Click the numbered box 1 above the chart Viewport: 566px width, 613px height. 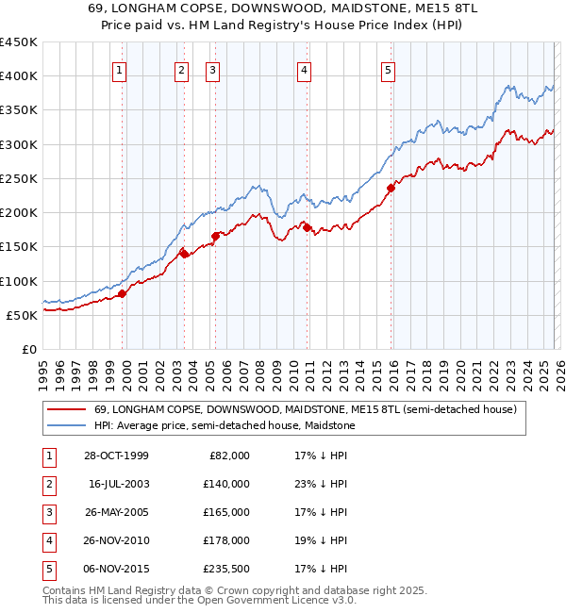click(x=120, y=68)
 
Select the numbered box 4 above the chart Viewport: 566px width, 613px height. click(x=305, y=68)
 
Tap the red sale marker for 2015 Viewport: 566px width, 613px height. click(x=390, y=188)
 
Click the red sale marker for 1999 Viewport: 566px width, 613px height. click(x=123, y=293)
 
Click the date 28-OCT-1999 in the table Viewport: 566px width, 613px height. click(x=115, y=456)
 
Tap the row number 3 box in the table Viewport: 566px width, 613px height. click(x=48, y=512)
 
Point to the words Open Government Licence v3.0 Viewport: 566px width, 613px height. click(x=275, y=599)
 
